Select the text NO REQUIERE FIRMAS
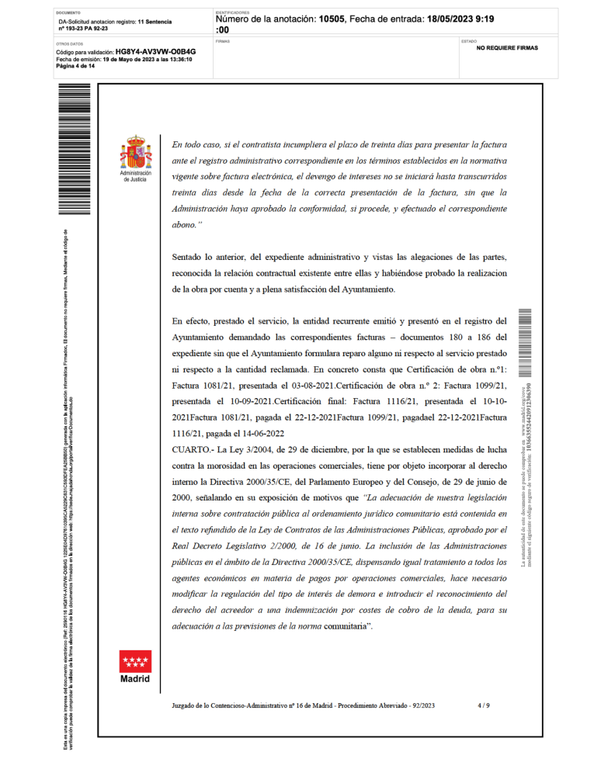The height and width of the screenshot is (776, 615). pyautogui.click(x=507, y=48)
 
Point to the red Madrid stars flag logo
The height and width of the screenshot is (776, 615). pyautogui.click(x=136, y=661)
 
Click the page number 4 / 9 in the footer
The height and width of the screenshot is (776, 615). pyautogui.click(x=484, y=705)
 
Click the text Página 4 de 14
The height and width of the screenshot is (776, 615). pyautogui.click(x=75, y=66)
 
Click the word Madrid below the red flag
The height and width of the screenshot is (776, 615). pyautogui.click(x=135, y=679)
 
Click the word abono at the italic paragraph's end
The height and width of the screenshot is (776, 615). pyautogui.click(x=183, y=224)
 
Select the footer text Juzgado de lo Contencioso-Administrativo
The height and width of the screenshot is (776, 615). pyautogui.click(x=252, y=705)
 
